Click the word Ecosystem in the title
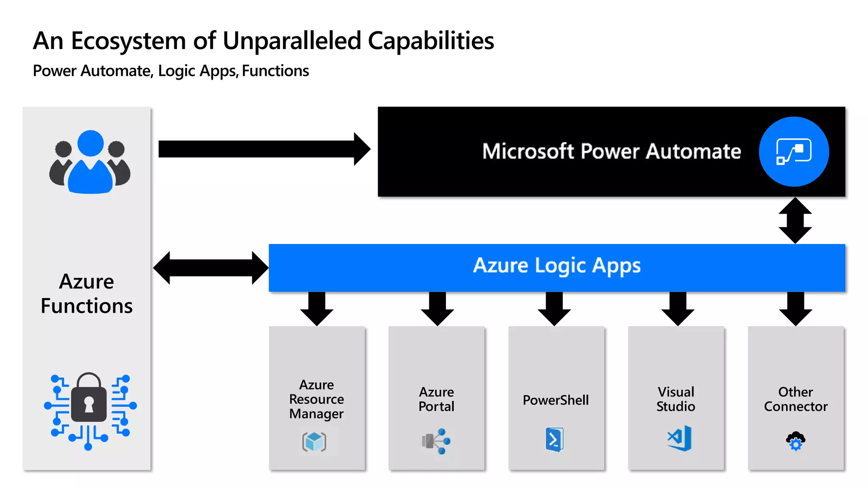[x=128, y=41]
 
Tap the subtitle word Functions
[x=275, y=71]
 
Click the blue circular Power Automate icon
[x=793, y=151]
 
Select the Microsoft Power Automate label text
[x=611, y=151]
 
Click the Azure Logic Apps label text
[x=556, y=266]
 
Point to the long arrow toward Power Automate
[x=263, y=149]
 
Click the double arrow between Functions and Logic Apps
[x=211, y=268]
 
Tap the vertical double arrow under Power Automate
[x=795, y=220]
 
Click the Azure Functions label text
[x=87, y=294]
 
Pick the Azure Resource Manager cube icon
[x=314, y=442]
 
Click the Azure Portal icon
[x=436, y=441]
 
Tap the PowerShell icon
[x=554, y=439]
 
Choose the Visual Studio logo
[x=679, y=438]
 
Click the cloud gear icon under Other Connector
[x=796, y=441]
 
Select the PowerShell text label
[x=556, y=400]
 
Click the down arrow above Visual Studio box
[x=677, y=308]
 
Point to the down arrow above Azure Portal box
[x=437, y=308]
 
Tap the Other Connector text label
[x=796, y=399]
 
